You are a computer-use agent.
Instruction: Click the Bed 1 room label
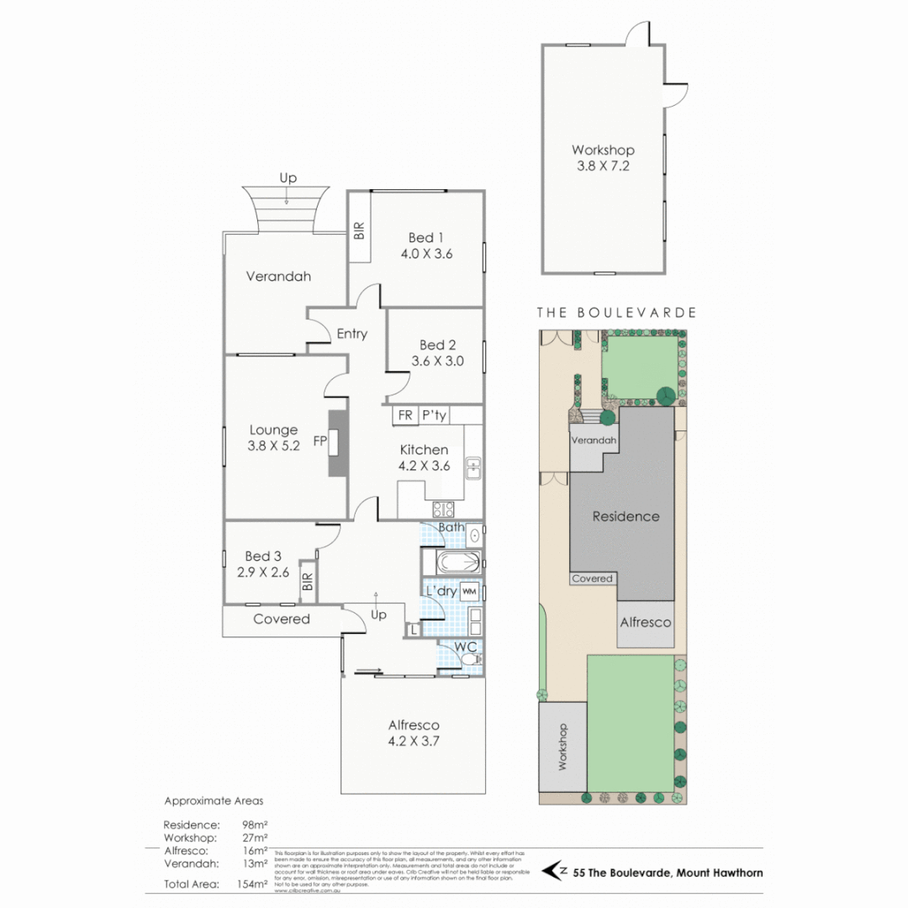(430, 245)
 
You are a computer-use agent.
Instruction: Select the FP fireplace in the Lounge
(337, 441)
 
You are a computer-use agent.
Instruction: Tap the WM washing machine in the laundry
(469, 591)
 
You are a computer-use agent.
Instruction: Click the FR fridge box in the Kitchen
(405, 415)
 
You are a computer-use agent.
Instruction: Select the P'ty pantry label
(435, 415)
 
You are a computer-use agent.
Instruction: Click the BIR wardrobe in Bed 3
(308, 581)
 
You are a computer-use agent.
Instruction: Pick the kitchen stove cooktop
(443, 509)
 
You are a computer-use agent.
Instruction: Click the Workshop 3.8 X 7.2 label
(602, 158)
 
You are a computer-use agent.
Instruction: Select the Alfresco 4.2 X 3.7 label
(414, 733)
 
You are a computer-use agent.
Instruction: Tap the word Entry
(351, 334)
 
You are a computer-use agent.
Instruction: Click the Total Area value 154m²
(254, 884)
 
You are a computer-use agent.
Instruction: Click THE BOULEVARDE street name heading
(617, 313)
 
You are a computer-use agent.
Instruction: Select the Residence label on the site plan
(626, 516)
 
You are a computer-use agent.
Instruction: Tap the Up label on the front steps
(288, 178)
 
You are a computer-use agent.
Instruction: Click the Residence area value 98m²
(255, 825)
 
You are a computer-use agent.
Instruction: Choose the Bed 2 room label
(437, 353)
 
